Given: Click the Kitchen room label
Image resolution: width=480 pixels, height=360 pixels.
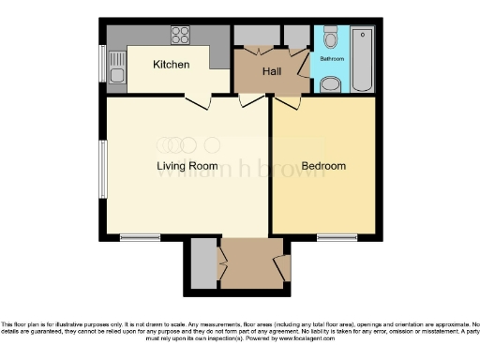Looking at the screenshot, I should (172, 65).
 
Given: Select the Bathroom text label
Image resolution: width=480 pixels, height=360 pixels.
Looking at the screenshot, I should (332, 59).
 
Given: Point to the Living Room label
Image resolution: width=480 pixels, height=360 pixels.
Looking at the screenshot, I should (185, 166).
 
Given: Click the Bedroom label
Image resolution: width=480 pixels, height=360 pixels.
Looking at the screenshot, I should (323, 166).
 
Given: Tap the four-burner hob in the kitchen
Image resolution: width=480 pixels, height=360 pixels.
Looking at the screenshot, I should (180, 36).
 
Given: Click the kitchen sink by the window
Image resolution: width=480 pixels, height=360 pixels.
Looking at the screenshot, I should (116, 67).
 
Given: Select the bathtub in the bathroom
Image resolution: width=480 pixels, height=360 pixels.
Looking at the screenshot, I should (362, 57).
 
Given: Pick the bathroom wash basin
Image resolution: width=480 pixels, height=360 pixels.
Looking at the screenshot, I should (330, 85).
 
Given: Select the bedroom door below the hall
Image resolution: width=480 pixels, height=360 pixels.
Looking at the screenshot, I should (287, 101).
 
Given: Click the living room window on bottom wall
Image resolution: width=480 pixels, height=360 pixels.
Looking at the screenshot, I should (139, 236).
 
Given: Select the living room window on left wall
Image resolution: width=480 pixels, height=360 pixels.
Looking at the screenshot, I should (103, 170).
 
